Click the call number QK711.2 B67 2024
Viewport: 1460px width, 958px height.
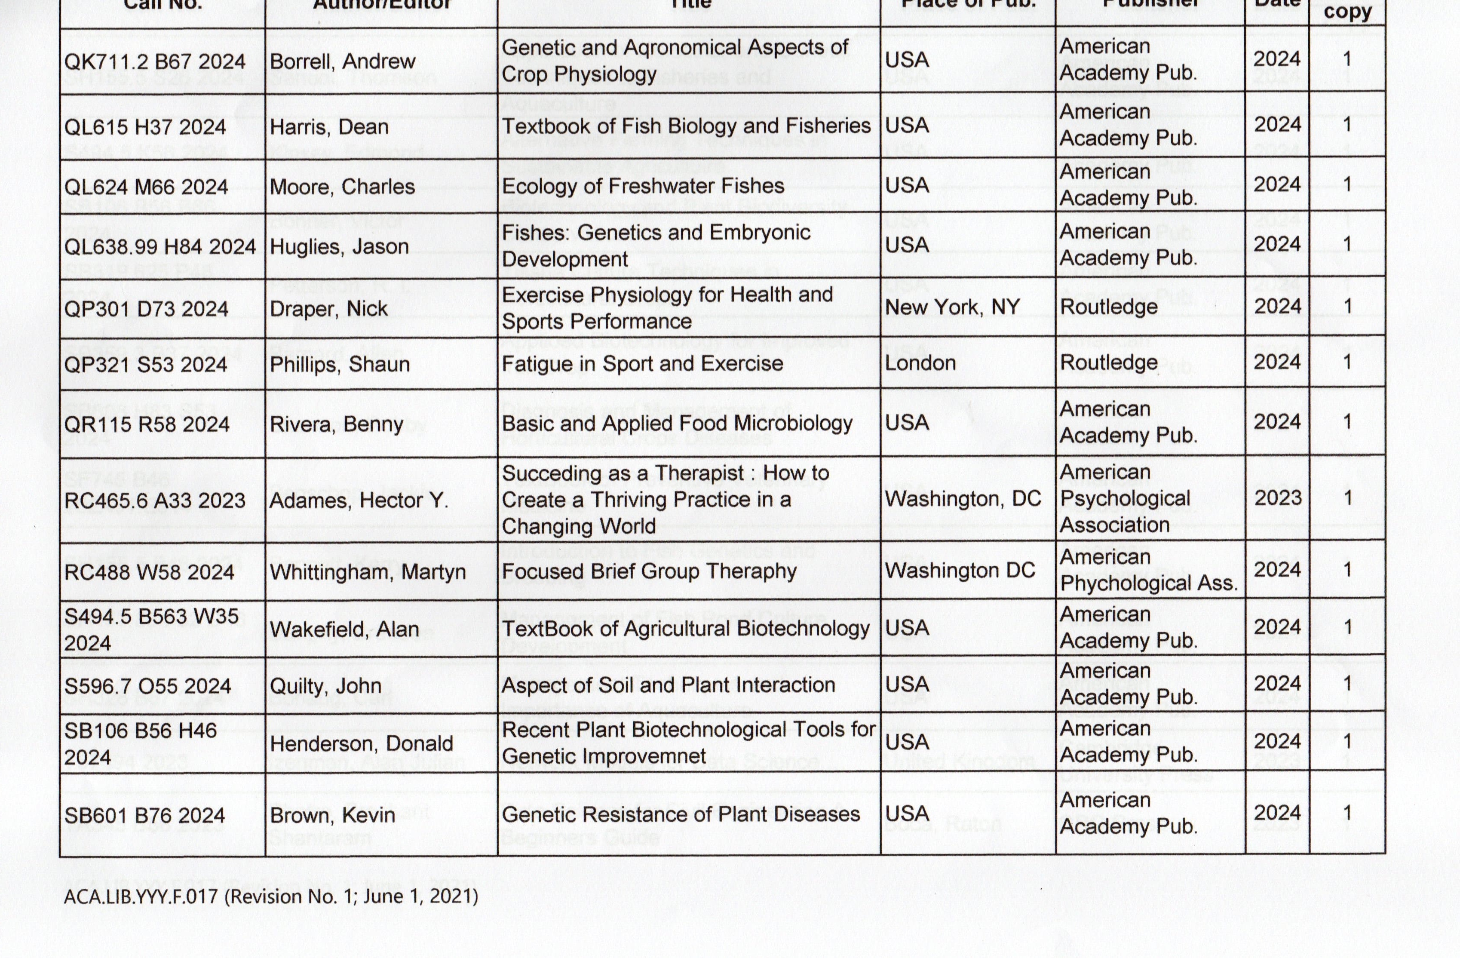155,61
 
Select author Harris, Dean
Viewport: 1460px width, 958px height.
329,127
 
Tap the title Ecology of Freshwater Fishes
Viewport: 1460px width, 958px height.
643,186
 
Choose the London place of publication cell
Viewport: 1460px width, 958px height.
920,363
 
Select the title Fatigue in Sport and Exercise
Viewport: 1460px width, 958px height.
642,364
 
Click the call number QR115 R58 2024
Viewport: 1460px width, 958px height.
147,424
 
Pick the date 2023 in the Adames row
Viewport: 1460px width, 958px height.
1278,497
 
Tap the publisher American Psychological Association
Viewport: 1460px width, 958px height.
1124,498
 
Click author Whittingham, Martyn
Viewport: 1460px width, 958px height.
368,572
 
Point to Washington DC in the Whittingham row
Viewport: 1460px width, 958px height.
960,570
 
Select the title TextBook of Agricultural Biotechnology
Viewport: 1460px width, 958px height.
685,629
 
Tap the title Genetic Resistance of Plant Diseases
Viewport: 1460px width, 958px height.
681,814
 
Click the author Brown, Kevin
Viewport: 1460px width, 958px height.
332,815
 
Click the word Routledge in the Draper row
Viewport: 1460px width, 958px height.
1108,307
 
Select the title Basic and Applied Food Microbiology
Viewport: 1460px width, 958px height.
677,424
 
